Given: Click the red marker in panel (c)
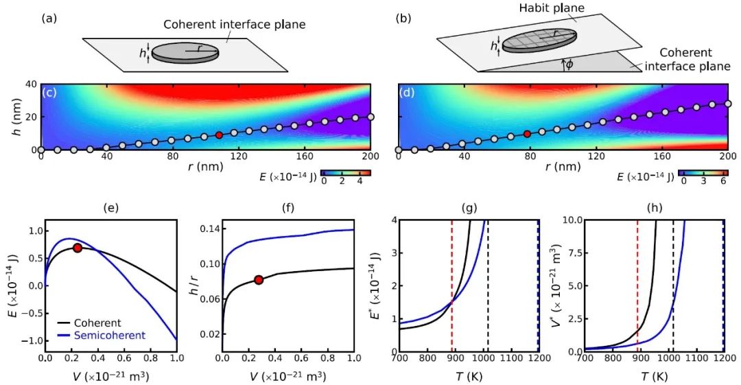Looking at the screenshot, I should pos(219,135).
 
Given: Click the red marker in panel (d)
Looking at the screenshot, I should pos(527,134).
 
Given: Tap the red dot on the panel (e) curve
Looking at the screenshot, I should pos(78,248).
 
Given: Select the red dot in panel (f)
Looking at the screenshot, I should pos(259,279).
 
